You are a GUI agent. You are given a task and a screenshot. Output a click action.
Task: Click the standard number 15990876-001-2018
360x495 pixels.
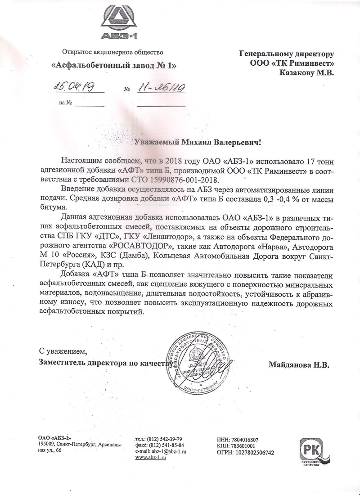click(158, 179)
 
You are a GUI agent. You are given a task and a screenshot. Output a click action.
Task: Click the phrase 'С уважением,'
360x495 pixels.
click(62, 351)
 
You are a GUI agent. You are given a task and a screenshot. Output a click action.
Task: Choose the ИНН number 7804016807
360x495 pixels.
click(243, 440)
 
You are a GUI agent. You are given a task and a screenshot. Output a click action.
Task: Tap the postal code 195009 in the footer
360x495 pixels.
click(47, 444)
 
